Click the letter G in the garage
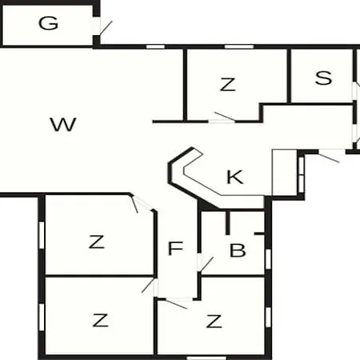pos(48,23)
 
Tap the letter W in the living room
pos(63,124)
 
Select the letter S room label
pos(323,78)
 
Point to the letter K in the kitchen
pos(234,177)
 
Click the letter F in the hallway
pos(175,248)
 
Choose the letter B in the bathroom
pos(238,250)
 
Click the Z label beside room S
pos(227,84)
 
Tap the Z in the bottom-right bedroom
pos(214,321)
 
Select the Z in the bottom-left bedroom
pos(100,320)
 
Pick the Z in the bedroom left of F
pos(96,242)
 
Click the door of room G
pos(106,28)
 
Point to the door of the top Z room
pos(226,117)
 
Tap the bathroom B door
pos(206,265)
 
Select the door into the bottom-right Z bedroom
pos(176,304)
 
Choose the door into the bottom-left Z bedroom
pos(148,286)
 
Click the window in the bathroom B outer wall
pos(268,259)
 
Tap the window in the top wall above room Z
pos(238,46)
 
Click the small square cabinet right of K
pos(284,172)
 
